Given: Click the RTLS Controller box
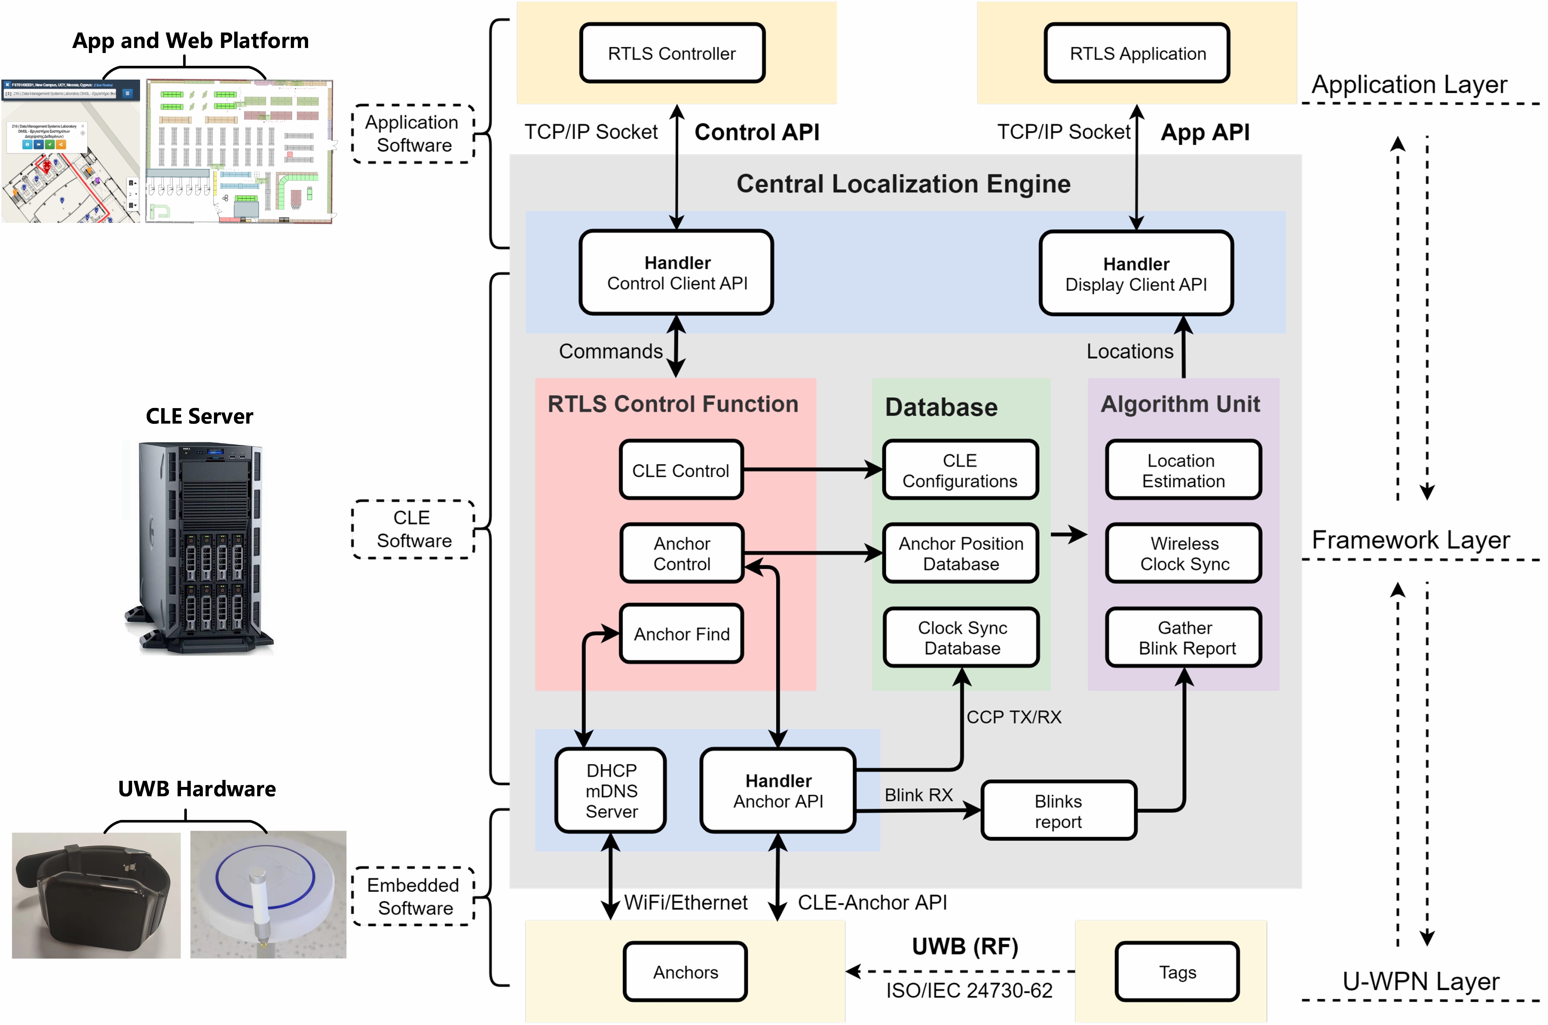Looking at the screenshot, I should point(672,54).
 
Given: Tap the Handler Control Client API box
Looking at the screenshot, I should point(677,273).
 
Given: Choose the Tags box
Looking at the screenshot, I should point(1177,972).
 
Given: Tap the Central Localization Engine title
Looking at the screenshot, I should point(903,184).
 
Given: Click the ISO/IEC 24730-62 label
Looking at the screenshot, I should point(969,990).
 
